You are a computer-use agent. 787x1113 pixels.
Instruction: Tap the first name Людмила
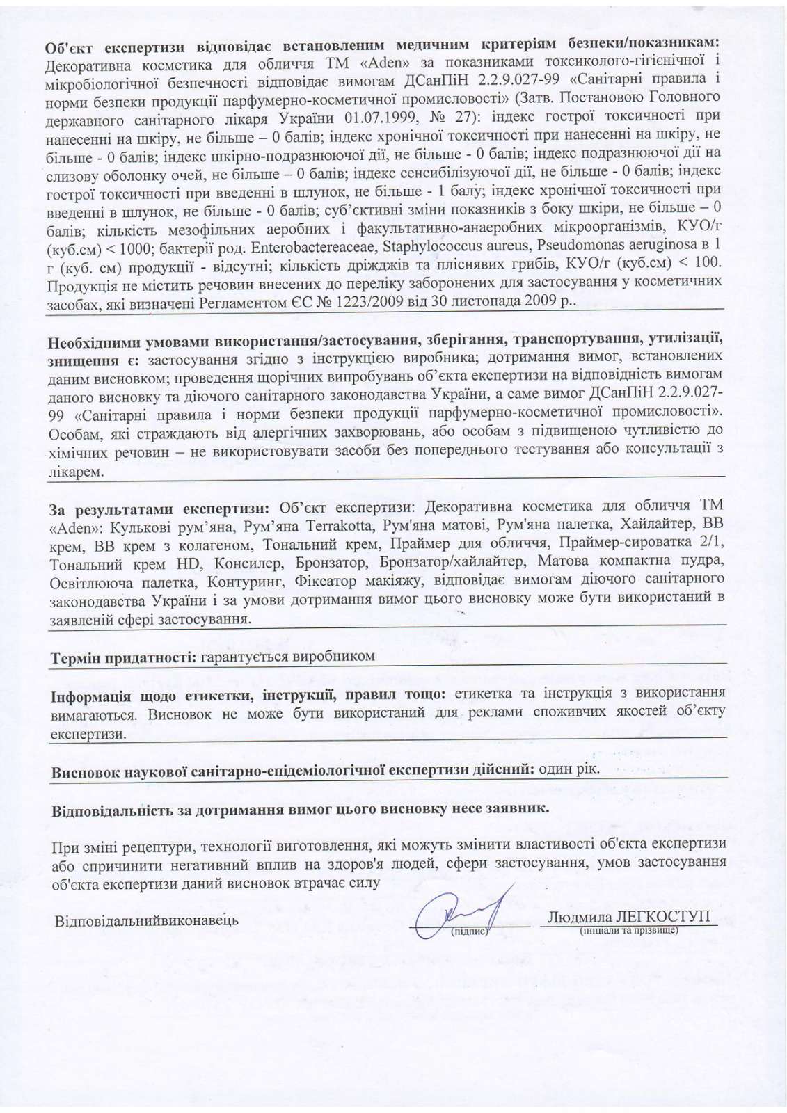(576, 916)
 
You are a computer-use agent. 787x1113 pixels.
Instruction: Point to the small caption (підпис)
(472, 931)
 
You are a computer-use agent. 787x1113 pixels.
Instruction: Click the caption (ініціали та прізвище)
(628, 930)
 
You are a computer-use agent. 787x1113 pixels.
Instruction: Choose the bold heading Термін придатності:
(123, 657)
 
